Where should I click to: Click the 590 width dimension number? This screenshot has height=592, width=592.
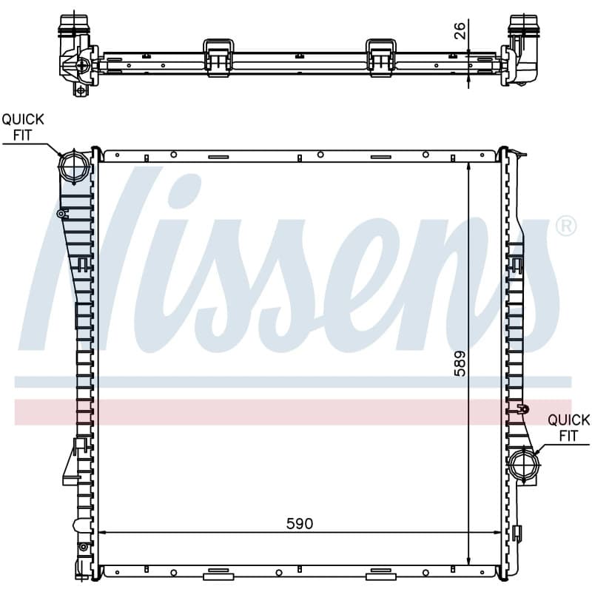pyautogui.click(x=300, y=523)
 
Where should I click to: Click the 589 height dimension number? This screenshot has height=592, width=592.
pyautogui.click(x=460, y=363)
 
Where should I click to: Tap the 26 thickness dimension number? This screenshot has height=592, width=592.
pyautogui.click(x=460, y=31)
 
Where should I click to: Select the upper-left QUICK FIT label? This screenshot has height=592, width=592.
pyautogui.click(x=23, y=127)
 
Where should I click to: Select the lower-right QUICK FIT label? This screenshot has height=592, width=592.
pyautogui.click(x=568, y=428)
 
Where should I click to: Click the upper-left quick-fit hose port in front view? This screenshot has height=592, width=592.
pyautogui.click(x=74, y=166)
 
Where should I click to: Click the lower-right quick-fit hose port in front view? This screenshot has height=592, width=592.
pyautogui.click(x=524, y=465)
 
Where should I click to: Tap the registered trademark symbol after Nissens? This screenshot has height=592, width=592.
pyautogui.click(x=566, y=226)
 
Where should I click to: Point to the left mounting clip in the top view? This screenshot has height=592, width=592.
pyautogui.click(x=218, y=58)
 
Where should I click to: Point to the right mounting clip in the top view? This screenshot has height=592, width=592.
pyautogui.click(x=381, y=58)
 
